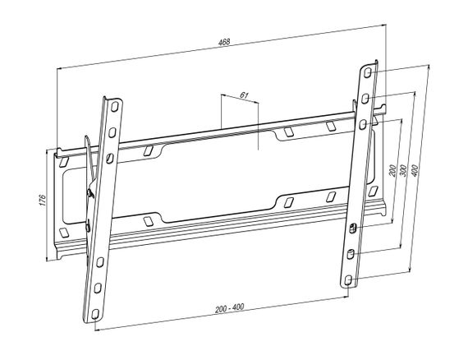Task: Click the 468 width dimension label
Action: pyautogui.click(x=224, y=42)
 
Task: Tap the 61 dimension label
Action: pyautogui.click(x=244, y=95)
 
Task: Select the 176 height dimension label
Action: pyautogui.click(x=43, y=200)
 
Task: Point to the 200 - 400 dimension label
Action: pyautogui.click(x=230, y=308)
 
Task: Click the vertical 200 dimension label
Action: pyautogui.click(x=393, y=171)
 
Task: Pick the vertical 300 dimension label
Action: pyautogui.click(x=403, y=170)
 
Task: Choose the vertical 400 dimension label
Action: pyautogui.click(x=415, y=170)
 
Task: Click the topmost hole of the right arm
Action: pyautogui.click(x=368, y=73)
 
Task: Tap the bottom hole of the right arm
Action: pyautogui.click(x=347, y=280)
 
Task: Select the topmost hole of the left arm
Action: pyautogui.click(x=115, y=107)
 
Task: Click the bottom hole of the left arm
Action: pyautogui.click(x=95, y=314)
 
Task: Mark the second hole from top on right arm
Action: pyautogui.click(x=365, y=99)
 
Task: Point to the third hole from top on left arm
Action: pyautogui.click(x=110, y=159)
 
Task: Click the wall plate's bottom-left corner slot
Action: pyautogui.click(x=64, y=233)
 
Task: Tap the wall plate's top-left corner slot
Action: pyautogui.click(x=64, y=162)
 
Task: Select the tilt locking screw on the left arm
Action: pyautogui.click(x=90, y=193)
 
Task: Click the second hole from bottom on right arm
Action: pyautogui.click(x=350, y=255)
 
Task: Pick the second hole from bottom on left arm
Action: pyautogui.click(x=98, y=288)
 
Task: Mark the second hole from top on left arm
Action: pyautogui.click(x=112, y=132)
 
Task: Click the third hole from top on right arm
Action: pyautogui.click(x=363, y=124)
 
